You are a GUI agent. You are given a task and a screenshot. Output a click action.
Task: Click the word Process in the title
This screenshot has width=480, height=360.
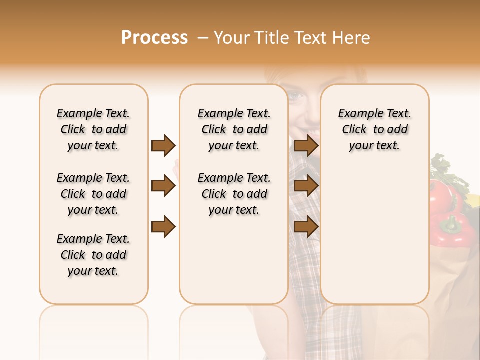tap(154, 38)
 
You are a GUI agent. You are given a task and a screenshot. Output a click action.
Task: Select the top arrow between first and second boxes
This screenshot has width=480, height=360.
tap(163, 145)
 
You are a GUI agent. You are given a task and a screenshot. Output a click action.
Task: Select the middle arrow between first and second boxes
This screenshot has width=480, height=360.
tap(163, 186)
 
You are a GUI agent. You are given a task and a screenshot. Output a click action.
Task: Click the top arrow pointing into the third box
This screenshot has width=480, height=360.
tap(306, 145)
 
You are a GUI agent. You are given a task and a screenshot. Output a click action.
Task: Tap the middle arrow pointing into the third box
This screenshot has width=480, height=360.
tap(306, 186)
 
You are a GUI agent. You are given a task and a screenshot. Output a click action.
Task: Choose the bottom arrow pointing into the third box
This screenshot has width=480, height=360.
tap(306, 227)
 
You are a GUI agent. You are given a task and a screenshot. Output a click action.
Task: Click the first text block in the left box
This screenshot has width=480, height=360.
tap(93, 129)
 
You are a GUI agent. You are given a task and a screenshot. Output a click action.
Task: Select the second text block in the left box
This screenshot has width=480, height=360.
tap(93, 194)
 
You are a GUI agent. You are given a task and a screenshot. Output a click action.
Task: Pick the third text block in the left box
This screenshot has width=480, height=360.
tap(93, 255)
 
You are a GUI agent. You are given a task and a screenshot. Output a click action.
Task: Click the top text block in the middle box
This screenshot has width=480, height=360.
tap(234, 129)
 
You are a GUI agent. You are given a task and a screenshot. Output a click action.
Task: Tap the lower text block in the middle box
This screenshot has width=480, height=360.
tap(234, 194)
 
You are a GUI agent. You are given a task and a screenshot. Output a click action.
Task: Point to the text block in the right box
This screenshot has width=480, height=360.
tap(375, 129)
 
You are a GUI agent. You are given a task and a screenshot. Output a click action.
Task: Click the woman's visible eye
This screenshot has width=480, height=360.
tap(297, 95)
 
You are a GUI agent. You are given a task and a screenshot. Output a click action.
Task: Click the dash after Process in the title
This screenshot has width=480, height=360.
tap(202, 38)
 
